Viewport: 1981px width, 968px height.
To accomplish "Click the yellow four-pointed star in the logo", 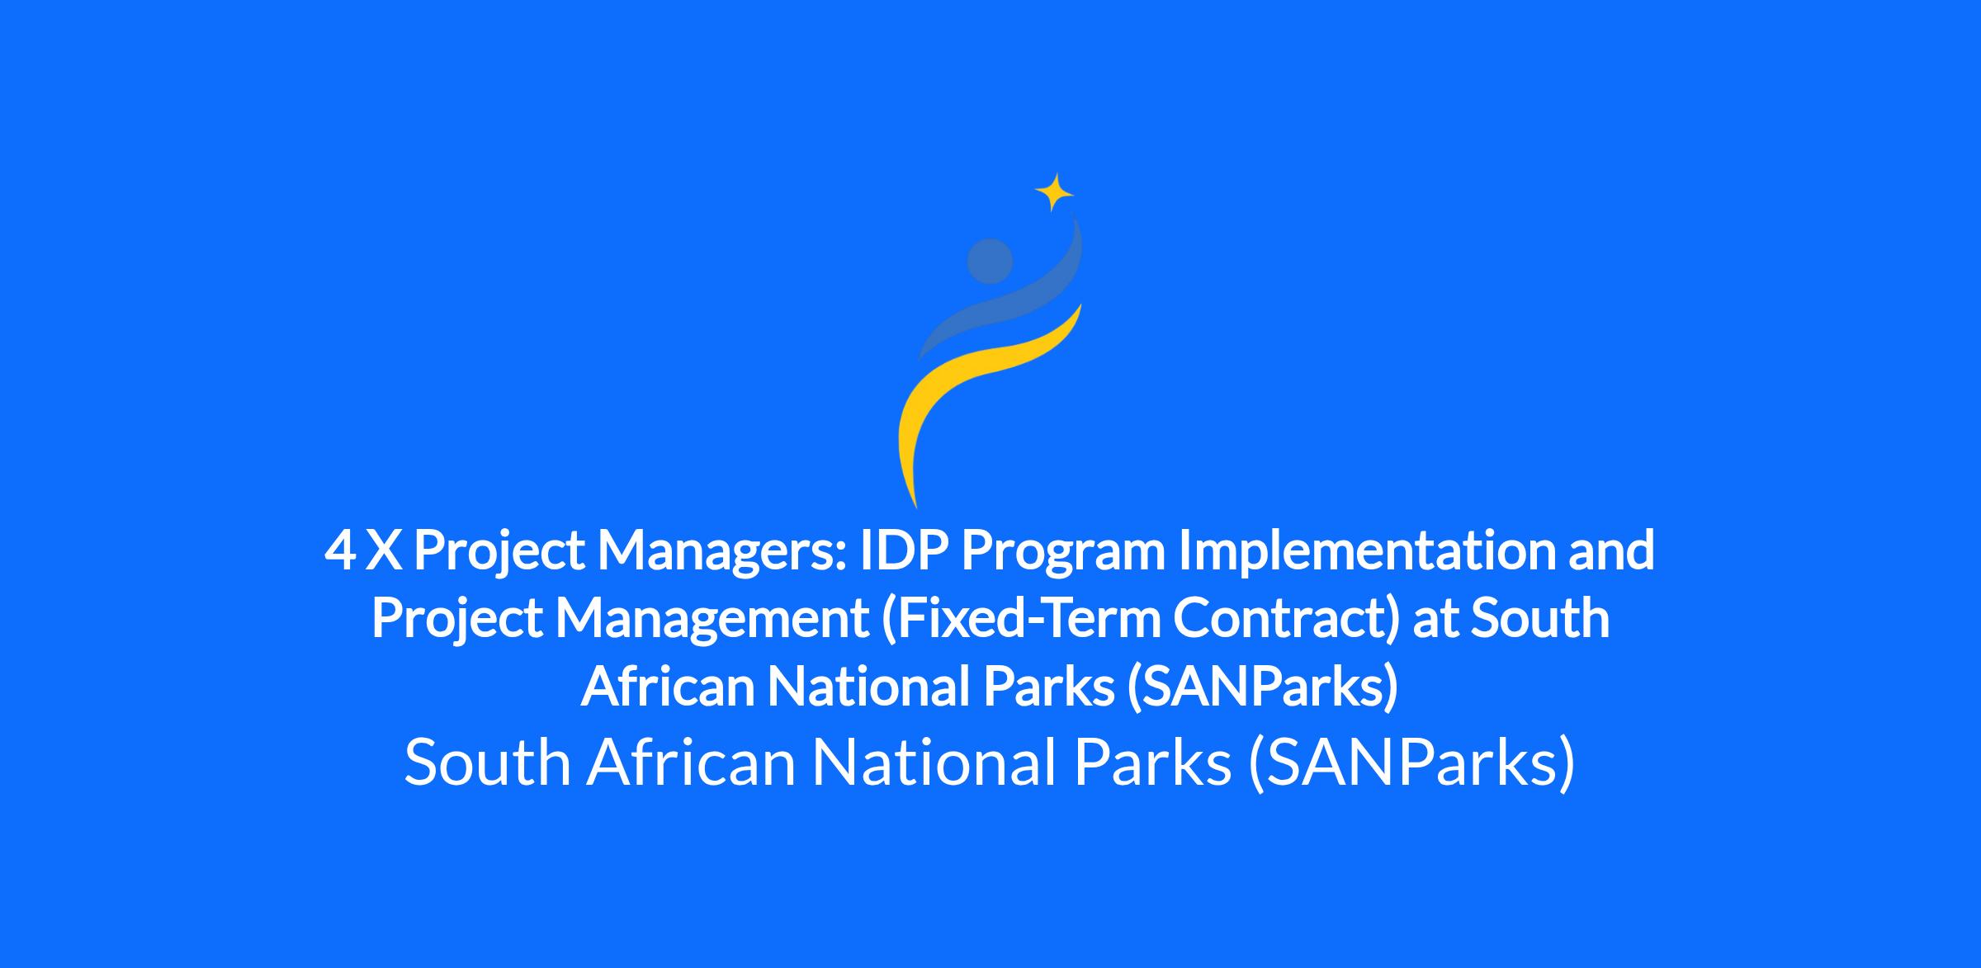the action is (1054, 192).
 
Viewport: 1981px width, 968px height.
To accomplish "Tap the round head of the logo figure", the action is (990, 261).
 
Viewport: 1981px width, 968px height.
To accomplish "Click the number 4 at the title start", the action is (340, 551).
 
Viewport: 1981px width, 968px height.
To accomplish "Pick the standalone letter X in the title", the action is (384, 551).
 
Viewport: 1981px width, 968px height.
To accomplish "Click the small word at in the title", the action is (1435, 620).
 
